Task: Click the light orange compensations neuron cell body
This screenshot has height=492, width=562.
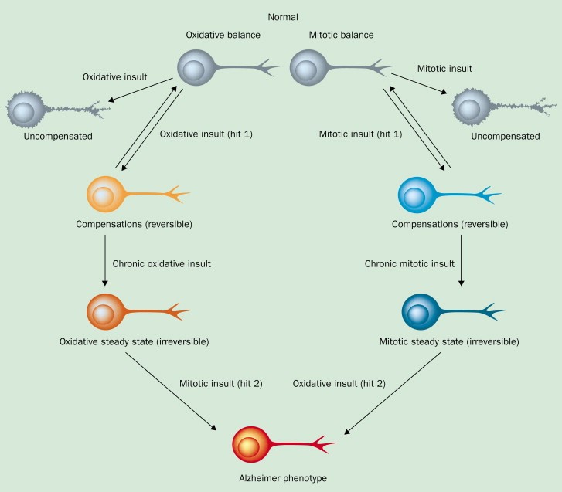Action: (106, 194)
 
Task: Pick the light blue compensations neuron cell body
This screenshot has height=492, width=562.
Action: (414, 194)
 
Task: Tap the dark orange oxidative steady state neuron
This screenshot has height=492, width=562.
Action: (106, 310)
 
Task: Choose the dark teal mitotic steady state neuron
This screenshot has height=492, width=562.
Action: (421, 311)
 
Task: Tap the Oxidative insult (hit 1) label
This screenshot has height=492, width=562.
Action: (206, 134)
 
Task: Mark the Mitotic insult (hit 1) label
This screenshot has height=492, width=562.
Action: (360, 134)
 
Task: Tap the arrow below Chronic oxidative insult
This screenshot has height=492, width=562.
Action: (105, 262)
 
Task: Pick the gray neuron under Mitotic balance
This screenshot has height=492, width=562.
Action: (310, 69)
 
